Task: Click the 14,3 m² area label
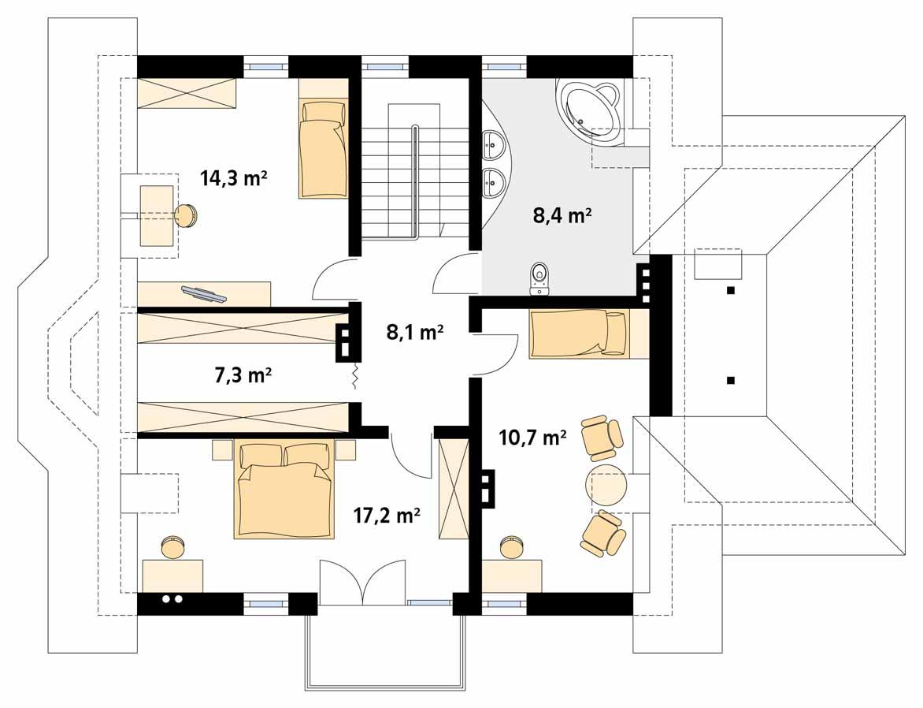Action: coord(234,178)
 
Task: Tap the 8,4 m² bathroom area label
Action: coord(562,214)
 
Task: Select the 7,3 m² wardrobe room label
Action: coord(243,375)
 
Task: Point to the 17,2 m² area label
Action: coord(386,516)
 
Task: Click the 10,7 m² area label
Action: coord(533,438)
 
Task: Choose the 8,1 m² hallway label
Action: coord(415,333)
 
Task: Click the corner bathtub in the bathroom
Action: coord(591,110)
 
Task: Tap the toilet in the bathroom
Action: coord(540,277)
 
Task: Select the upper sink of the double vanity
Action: coord(494,143)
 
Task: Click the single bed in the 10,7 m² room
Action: coord(580,334)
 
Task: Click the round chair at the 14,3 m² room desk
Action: coord(185,215)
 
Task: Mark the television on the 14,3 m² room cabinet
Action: coord(203,294)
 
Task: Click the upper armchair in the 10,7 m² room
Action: coord(602,438)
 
